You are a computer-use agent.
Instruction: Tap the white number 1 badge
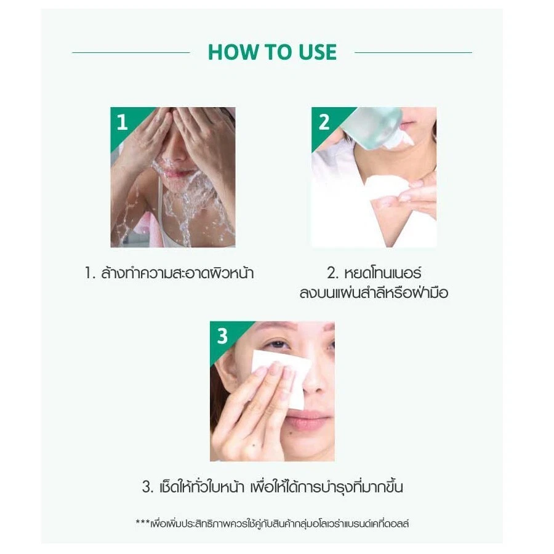tap(122, 122)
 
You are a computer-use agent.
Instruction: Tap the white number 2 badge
tap(324, 122)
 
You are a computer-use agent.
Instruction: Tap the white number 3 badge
tap(222, 336)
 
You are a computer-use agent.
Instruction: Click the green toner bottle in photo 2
tap(374, 127)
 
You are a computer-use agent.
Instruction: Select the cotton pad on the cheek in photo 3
tap(281, 378)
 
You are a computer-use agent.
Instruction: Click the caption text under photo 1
tap(169, 273)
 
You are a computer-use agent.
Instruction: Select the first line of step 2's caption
tap(374, 273)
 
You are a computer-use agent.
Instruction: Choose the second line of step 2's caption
tap(374, 292)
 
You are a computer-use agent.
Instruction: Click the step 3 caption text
tap(273, 487)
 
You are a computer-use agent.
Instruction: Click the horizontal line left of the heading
tap(131, 53)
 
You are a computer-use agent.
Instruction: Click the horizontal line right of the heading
tap(413, 53)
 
